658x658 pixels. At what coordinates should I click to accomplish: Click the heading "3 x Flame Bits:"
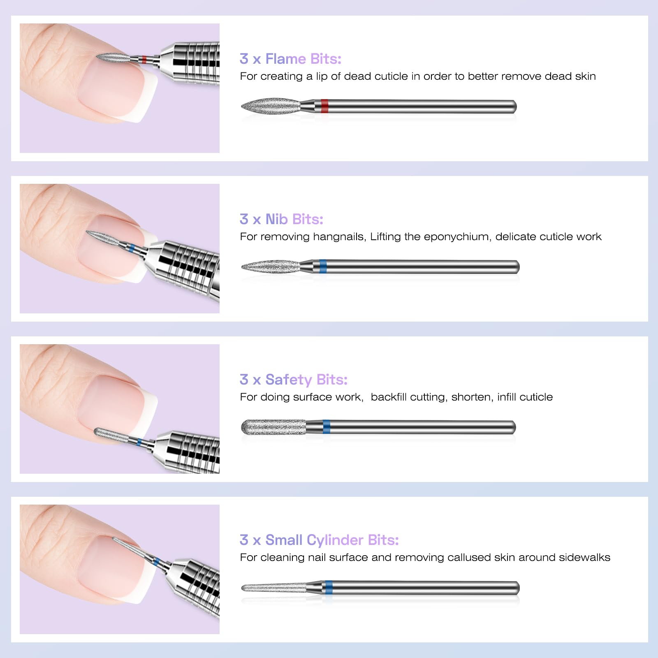pos(290,59)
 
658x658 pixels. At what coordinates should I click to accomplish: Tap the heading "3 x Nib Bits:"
pos(281,219)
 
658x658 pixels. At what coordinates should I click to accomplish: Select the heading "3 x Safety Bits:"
pos(294,380)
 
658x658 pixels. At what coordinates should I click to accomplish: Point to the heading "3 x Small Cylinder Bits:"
pos(319,540)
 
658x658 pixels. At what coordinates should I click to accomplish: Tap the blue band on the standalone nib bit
pos(322,266)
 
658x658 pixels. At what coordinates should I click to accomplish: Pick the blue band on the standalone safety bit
pos(326,427)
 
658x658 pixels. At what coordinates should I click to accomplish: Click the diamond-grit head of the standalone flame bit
pos(271,106)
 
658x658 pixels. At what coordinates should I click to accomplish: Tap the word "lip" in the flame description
pos(322,76)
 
